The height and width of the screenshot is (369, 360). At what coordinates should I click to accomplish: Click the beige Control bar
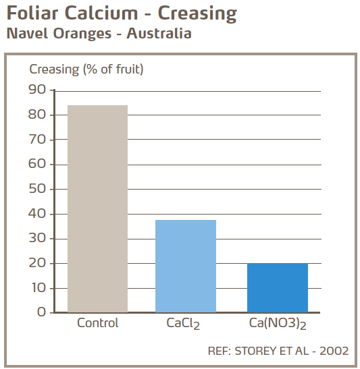(x=98, y=208)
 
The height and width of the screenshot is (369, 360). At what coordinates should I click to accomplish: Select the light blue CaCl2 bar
(x=186, y=266)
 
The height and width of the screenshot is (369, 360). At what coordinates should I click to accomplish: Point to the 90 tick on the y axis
(x=37, y=90)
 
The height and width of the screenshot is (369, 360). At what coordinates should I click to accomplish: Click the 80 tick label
(x=37, y=115)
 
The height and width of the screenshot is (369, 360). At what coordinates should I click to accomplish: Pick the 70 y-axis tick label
(x=37, y=140)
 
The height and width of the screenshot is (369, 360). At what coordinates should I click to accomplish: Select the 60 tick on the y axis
(x=37, y=164)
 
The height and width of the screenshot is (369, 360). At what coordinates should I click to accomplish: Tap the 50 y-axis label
(x=37, y=189)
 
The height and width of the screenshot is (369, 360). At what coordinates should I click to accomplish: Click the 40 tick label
(x=37, y=214)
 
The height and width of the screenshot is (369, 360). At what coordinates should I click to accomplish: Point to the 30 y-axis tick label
(x=37, y=238)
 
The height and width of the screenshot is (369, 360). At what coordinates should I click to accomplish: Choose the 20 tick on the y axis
(x=37, y=263)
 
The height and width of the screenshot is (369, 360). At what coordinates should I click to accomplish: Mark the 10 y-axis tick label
(x=37, y=288)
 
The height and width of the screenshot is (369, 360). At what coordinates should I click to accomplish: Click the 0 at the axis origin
(x=42, y=312)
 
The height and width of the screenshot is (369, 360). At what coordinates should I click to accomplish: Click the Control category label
(x=98, y=323)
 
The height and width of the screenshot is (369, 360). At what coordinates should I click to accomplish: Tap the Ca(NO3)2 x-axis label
(x=277, y=324)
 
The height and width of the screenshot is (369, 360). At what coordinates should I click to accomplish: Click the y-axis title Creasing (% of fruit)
(x=86, y=69)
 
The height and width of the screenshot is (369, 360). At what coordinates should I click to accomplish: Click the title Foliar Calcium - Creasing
(x=122, y=13)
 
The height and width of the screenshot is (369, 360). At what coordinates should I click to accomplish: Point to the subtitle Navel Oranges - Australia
(x=99, y=33)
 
